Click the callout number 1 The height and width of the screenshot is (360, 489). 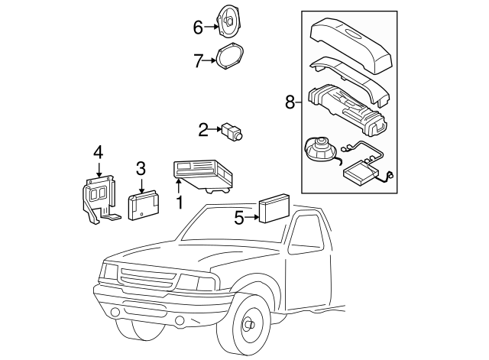pos(180,203)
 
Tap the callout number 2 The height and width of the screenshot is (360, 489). pos(203,130)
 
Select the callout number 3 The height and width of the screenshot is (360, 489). pos(140,168)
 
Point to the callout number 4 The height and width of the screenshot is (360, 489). pos(98,154)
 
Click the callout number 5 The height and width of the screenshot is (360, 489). pos(239,218)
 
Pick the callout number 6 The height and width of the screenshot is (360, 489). pos(198,28)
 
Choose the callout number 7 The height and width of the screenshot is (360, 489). pos(198,60)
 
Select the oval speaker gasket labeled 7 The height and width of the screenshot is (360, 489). pos(230,59)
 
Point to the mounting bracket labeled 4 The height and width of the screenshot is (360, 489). pos(97,196)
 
